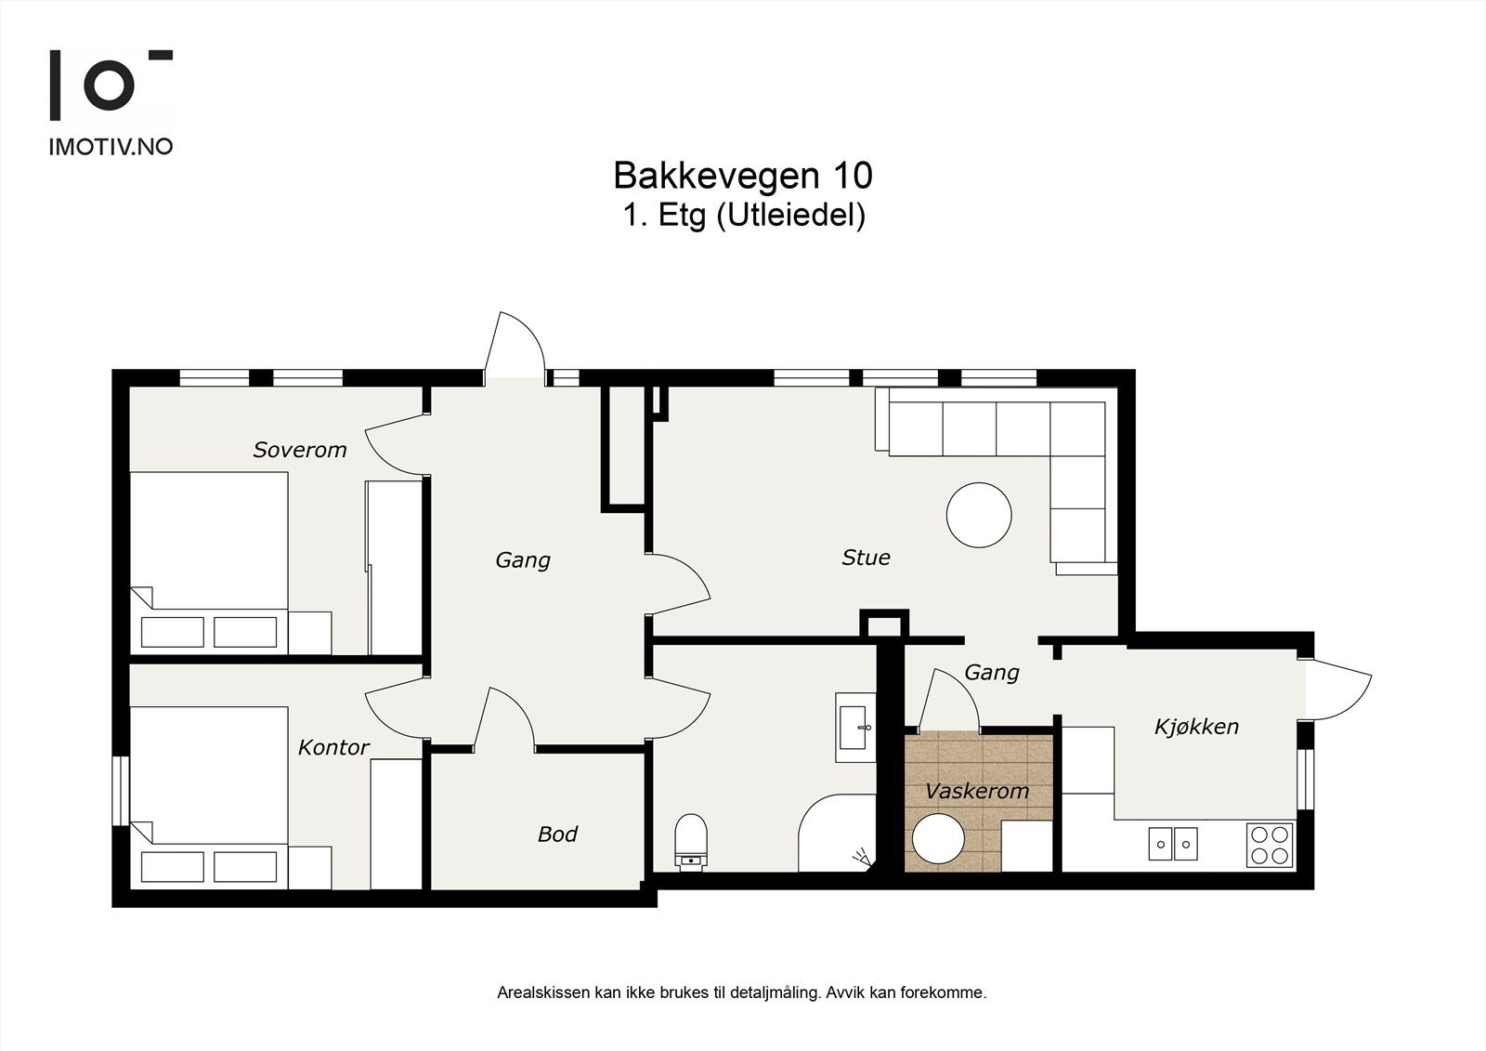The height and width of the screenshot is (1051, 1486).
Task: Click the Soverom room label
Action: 300,450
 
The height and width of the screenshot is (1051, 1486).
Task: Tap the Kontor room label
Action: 333,747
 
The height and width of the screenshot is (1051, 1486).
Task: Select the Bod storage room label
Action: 557,834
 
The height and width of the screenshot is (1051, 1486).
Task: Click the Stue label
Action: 866,558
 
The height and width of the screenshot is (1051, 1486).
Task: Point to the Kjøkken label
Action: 1196,727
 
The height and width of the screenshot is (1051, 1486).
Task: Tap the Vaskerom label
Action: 977,792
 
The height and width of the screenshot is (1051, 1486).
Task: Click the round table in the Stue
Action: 979,515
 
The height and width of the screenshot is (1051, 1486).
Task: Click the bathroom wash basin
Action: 854,727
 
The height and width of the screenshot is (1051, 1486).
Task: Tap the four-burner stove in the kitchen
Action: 1270,844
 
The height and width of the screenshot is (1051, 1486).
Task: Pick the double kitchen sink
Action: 1173,844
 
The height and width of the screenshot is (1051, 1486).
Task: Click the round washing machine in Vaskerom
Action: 939,840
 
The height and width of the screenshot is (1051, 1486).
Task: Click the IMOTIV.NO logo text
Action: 111,146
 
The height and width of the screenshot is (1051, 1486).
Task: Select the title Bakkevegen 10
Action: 742,175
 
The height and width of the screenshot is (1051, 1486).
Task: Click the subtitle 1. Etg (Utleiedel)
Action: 743,216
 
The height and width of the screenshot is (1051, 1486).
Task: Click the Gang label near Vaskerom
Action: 991,672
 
